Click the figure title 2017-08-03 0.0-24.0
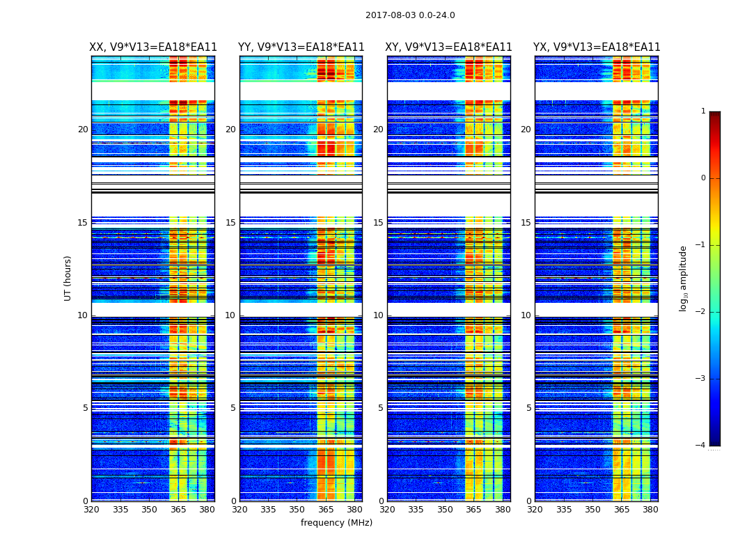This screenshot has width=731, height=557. coord(410,15)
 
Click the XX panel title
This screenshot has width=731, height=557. coord(153,47)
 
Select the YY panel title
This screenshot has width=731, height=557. coord(301,47)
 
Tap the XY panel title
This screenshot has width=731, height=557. coord(449,47)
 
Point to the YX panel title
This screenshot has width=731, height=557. coord(597,47)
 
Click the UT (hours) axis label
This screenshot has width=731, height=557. coord(68,278)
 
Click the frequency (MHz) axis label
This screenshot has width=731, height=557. coord(336,523)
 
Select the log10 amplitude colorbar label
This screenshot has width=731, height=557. coord(684,278)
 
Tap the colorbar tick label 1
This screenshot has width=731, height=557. coord(703,111)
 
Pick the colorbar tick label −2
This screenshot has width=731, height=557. coord(701,312)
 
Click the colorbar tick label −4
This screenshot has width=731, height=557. coord(701,446)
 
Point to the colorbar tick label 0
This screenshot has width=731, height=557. coord(703,178)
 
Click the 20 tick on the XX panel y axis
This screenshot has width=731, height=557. coord(83,130)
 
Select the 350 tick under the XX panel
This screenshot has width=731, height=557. coord(149,510)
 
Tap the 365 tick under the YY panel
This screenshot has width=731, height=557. coord(326,510)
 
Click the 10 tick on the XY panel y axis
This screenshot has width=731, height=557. coord(378,315)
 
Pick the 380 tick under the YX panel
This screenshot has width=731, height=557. coord(650,510)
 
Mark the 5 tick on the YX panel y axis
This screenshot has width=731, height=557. coord(528,408)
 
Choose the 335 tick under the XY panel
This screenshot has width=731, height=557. coord(416,510)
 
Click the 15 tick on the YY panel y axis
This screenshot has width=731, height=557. coord(230,223)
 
